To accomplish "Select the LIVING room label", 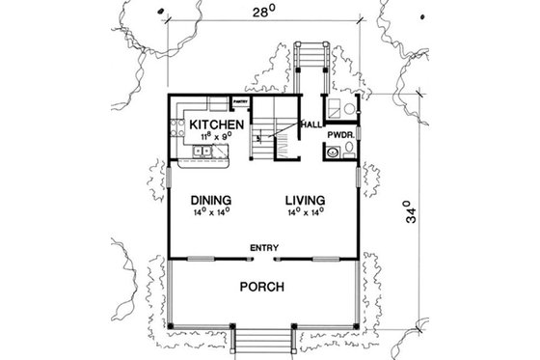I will [x=304, y=201].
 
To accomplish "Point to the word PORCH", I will [x=261, y=287].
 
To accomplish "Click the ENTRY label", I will [x=264, y=248].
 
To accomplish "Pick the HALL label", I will [x=311, y=125].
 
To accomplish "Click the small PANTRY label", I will [x=241, y=100].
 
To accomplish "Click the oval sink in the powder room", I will [x=333, y=152].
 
